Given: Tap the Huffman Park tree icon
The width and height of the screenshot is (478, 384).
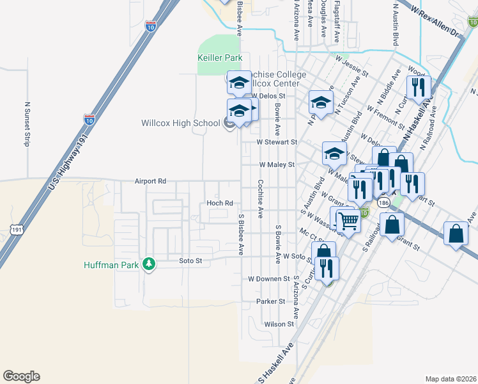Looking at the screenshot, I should click(x=149, y=264).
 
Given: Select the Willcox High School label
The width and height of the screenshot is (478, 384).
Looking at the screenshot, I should click(x=180, y=123).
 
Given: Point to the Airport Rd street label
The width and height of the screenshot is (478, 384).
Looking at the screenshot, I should click(x=150, y=181).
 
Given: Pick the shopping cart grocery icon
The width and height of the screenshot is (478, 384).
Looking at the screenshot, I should click(x=349, y=221).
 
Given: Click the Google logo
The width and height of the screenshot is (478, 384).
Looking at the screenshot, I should click(x=21, y=376).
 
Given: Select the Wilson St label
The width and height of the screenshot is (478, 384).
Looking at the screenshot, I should click(x=278, y=324).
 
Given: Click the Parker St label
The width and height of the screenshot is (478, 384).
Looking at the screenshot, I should click(x=270, y=301).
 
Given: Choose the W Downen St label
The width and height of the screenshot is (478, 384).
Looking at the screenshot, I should click(x=268, y=279).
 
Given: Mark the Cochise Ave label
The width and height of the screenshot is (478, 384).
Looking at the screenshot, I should click(x=260, y=199).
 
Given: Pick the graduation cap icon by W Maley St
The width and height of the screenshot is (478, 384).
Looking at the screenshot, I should click(x=334, y=154).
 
